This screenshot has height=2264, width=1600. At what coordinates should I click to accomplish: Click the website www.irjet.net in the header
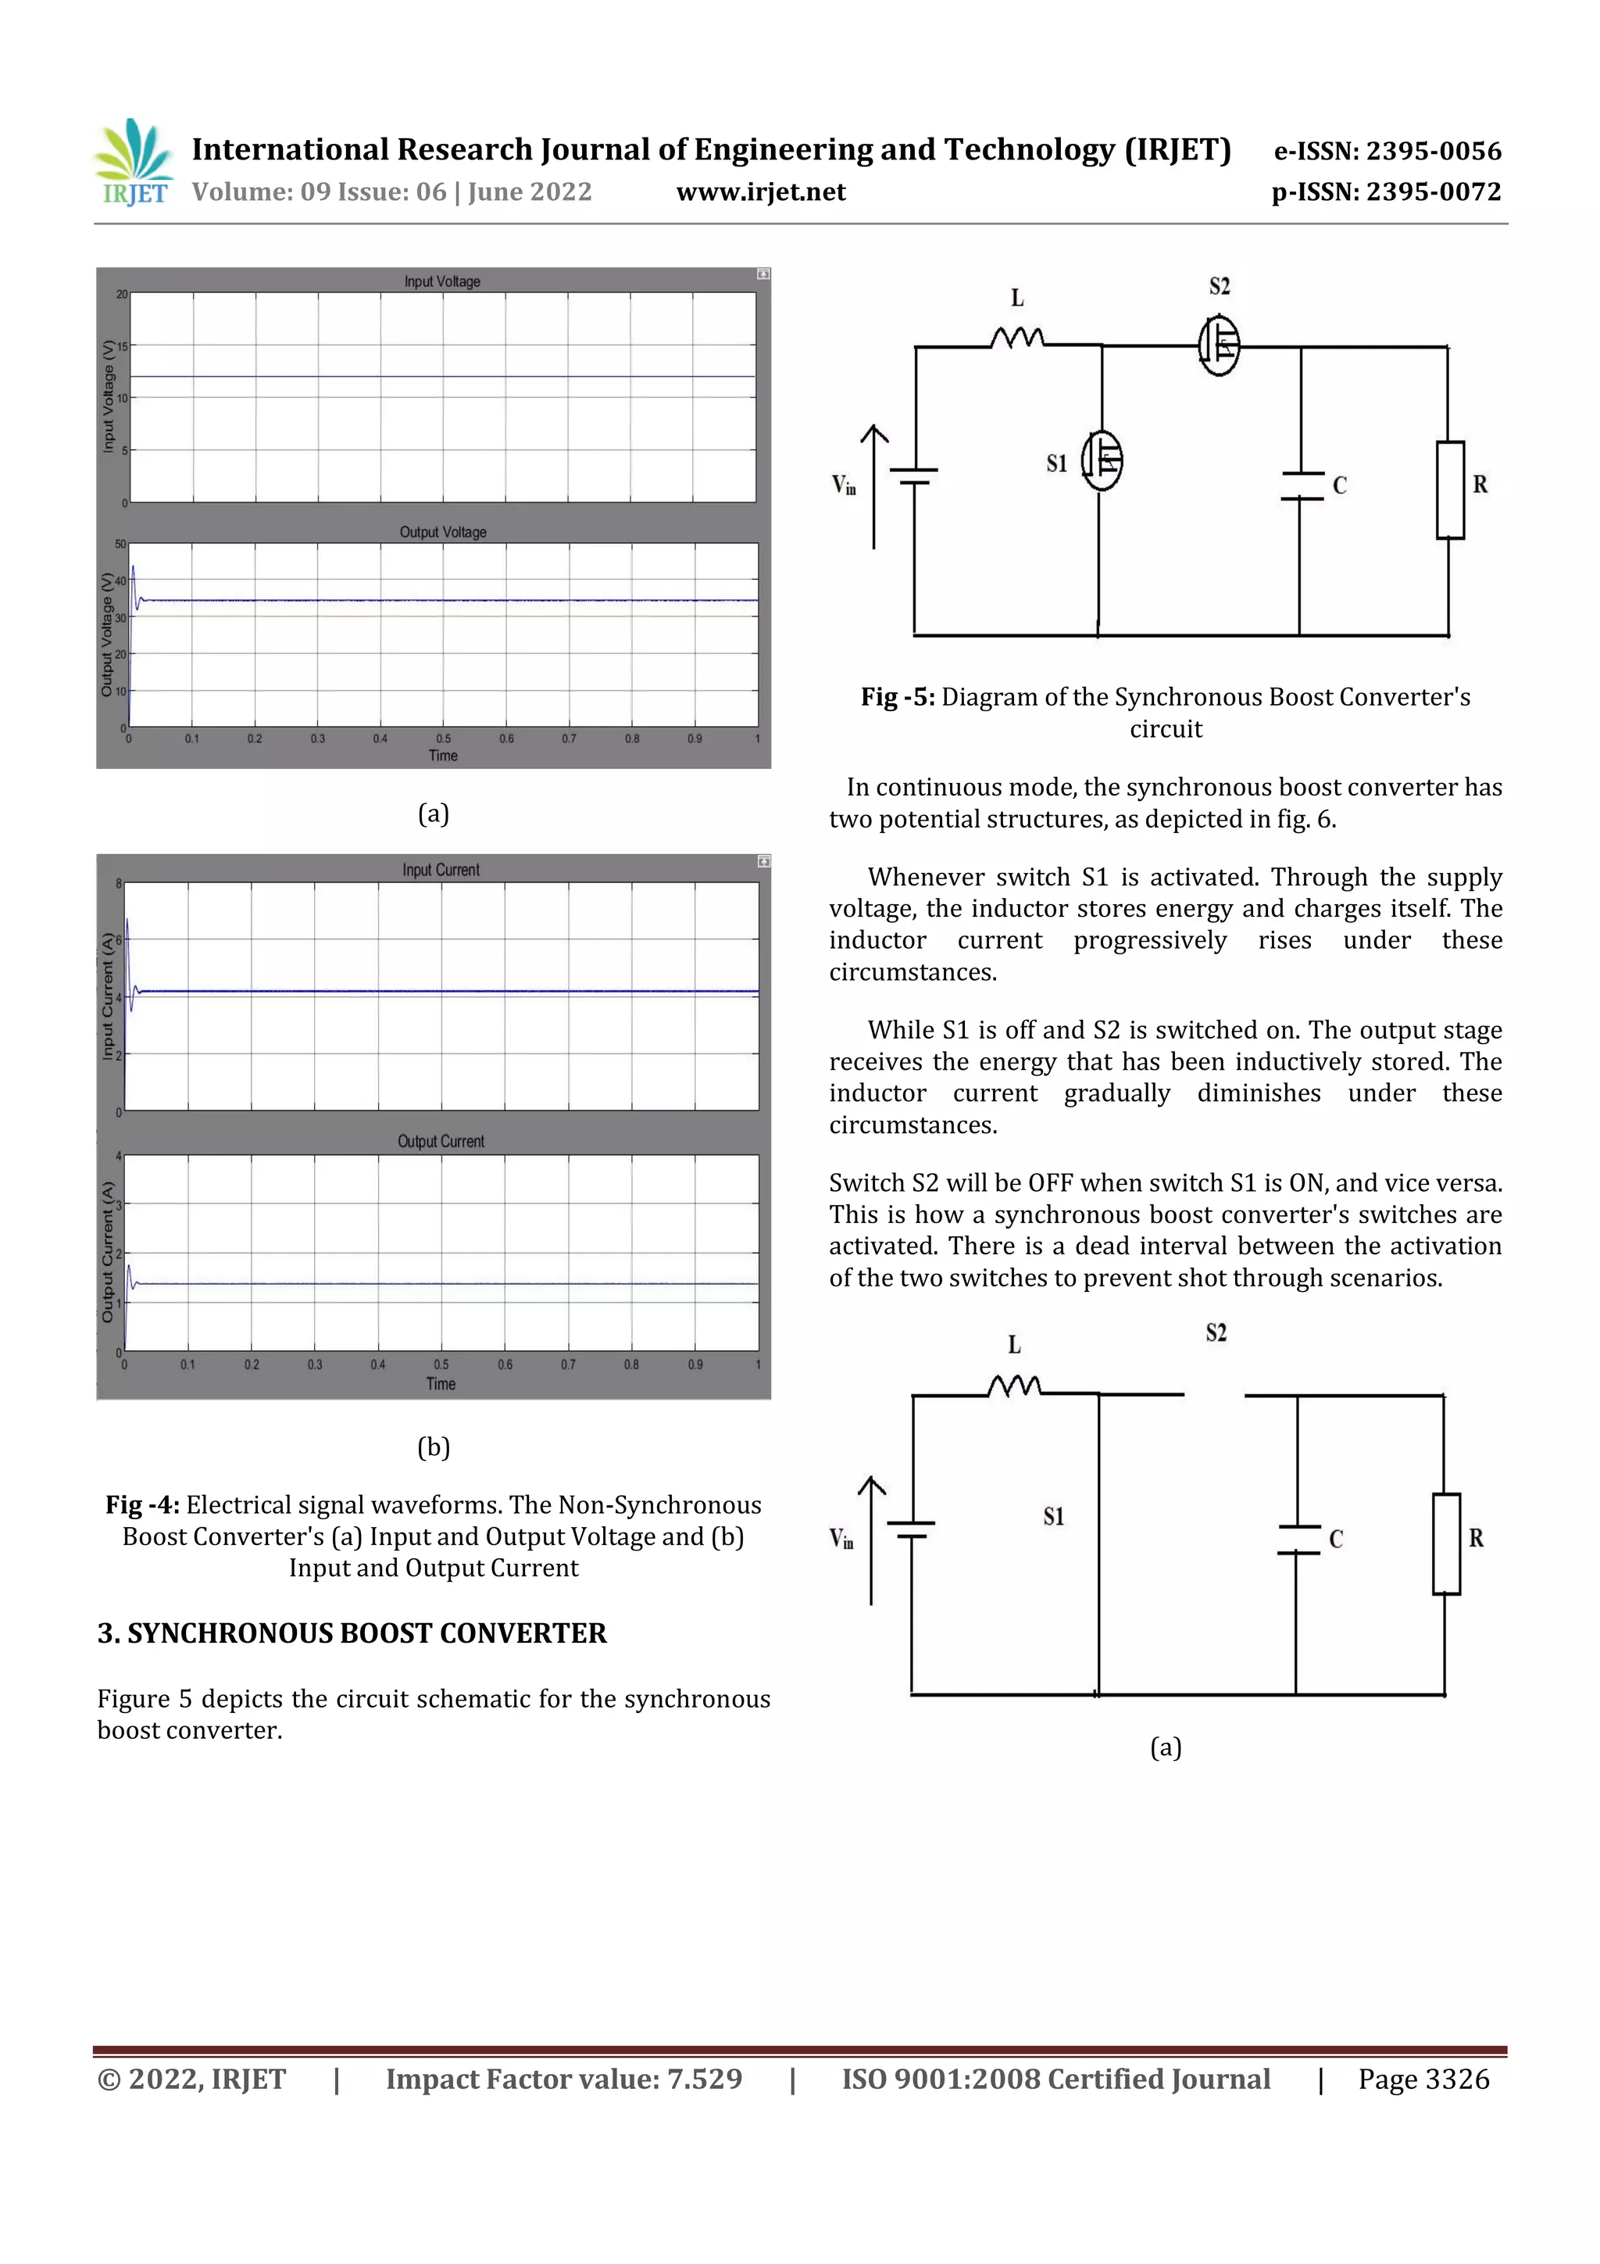point(760,192)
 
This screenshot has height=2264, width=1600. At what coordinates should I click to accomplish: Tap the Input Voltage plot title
point(441,282)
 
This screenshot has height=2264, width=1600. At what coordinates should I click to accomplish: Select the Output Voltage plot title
point(443,532)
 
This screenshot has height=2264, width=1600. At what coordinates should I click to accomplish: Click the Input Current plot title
point(441,870)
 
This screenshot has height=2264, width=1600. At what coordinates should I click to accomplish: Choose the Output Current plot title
point(441,1141)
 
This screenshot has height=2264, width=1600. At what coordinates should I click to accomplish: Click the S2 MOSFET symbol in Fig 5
point(1220,345)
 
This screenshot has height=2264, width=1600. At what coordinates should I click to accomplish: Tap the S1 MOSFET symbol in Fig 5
point(1102,460)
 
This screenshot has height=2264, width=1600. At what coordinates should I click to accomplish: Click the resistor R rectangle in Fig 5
point(1449,490)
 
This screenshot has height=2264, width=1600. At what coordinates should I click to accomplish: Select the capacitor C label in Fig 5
point(1340,485)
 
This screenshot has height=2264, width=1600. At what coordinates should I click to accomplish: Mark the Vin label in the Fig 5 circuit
point(844,485)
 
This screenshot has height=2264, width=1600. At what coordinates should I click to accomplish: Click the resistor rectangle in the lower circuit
point(1446,1544)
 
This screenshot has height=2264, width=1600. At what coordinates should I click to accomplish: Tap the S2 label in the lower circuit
point(1216,1333)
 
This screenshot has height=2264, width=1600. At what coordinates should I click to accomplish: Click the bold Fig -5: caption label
point(897,697)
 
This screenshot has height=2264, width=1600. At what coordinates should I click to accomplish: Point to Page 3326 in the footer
point(1423,2080)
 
